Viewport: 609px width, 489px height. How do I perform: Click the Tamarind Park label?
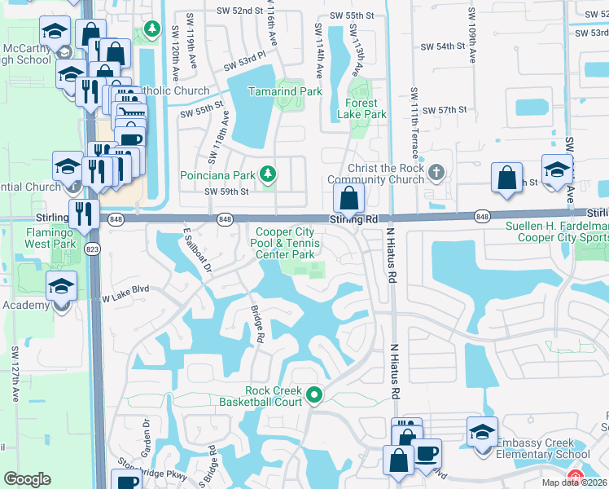(x=285, y=92)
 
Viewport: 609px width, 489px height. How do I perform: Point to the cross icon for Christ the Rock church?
(x=437, y=172)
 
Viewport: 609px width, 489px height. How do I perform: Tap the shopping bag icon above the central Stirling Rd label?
(x=348, y=198)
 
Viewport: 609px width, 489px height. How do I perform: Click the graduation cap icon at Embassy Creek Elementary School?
(x=482, y=432)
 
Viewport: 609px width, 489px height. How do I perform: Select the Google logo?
(x=27, y=479)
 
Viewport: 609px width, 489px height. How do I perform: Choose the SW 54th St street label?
(x=456, y=47)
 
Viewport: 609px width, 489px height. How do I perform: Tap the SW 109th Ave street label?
(x=471, y=37)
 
